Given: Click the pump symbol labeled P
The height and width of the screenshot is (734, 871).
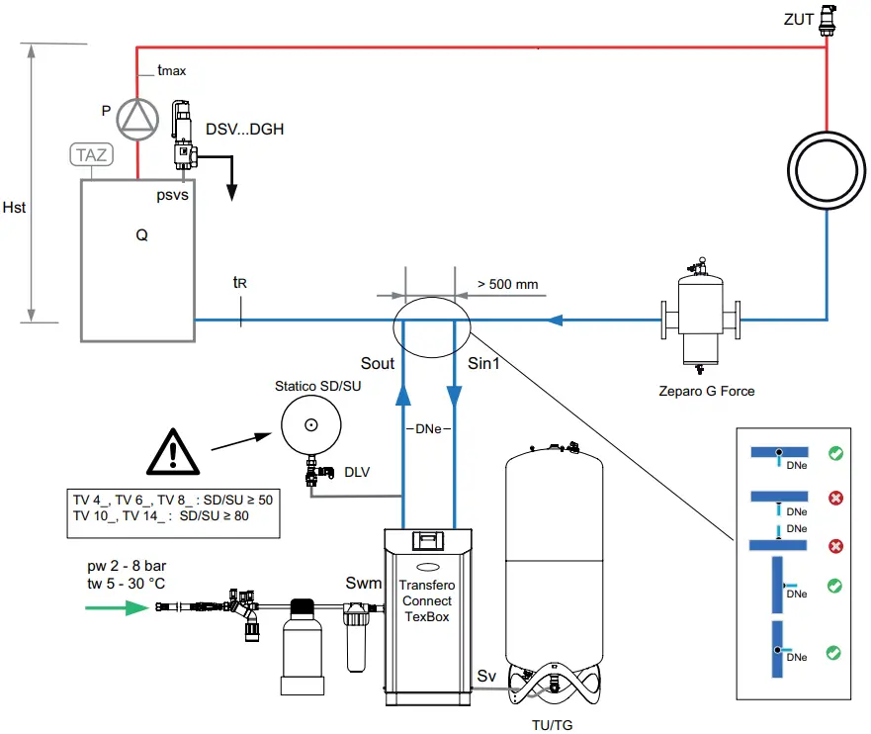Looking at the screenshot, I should (136, 118).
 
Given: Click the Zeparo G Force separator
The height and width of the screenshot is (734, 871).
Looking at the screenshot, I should (702, 317).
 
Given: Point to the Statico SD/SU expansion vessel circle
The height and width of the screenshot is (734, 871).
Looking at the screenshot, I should (310, 425).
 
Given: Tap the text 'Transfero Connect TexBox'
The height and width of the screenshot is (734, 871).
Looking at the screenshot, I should (426, 600).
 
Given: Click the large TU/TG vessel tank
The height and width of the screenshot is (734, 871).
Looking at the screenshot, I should (554, 564).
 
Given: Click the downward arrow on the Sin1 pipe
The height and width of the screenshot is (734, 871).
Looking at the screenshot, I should (454, 393).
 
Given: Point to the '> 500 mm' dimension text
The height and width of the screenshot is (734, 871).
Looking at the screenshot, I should (507, 285).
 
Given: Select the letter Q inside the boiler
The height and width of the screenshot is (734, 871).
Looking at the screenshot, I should (142, 236).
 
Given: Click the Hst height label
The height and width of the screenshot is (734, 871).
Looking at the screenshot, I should (15, 208).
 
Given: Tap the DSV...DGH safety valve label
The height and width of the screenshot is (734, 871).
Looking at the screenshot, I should (244, 129).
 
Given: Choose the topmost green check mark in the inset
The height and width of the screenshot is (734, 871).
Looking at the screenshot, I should (835, 454).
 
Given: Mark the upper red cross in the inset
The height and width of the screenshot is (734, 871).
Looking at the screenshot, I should (835, 497).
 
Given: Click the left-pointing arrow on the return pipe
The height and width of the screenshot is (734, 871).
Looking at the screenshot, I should (556, 320).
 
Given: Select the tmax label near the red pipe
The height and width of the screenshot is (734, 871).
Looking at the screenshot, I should (171, 70).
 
